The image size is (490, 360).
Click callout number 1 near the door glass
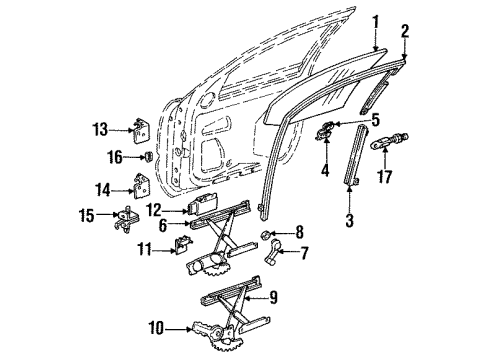pos(376,21)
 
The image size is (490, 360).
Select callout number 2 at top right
pos(405,33)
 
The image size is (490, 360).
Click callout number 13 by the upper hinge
pos(99,129)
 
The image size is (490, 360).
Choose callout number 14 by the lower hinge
pos(101,187)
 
